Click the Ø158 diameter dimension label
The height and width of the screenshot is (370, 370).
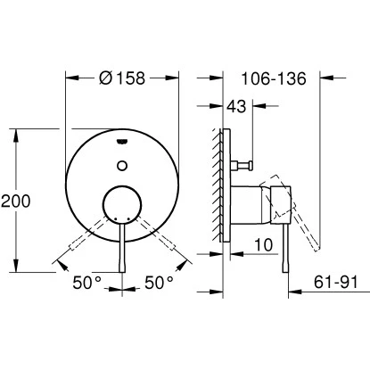[123, 78]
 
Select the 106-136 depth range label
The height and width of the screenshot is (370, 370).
[274, 78]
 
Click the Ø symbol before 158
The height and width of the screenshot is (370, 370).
[105, 78]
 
